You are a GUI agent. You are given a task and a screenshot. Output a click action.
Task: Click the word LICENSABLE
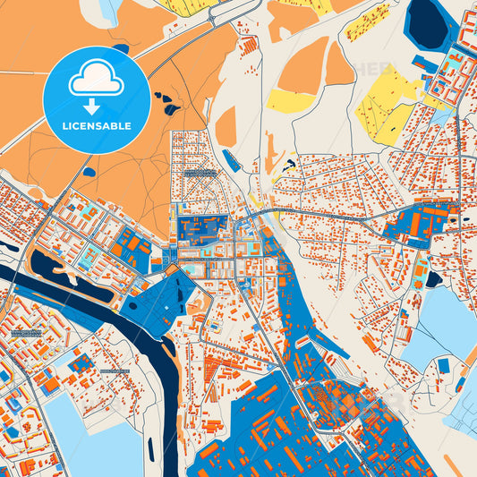tap(96, 126)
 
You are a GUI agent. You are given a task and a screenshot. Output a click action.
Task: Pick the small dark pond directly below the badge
tap(89, 171)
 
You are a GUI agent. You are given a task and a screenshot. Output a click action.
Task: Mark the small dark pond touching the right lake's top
tap(433, 279)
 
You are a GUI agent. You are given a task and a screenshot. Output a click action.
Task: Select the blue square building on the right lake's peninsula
tap(443, 365)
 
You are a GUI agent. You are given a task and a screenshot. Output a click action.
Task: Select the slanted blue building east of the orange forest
tap(231, 160)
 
